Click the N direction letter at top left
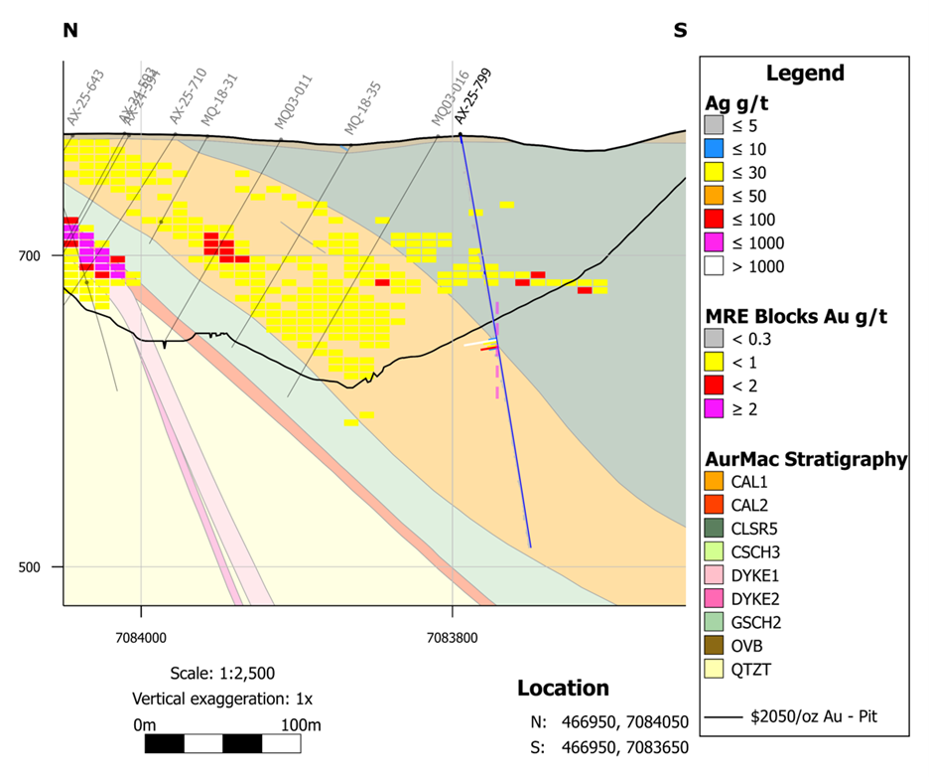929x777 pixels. click(69, 30)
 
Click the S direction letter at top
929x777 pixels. click(680, 30)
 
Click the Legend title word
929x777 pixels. click(805, 74)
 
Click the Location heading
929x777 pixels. click(563, 689)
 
